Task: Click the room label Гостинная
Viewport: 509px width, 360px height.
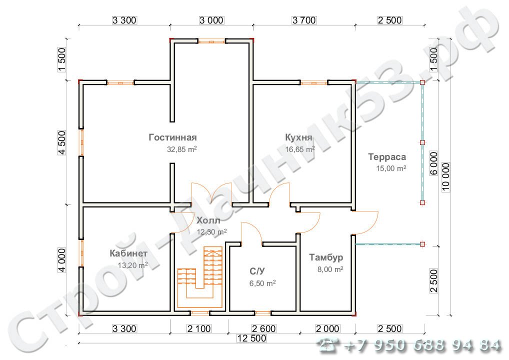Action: [x=172, y=137]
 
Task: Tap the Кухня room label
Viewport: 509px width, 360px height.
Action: [x=298, y=137]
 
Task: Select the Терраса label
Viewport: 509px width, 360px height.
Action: [x=387, y=157]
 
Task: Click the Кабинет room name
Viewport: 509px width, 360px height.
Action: [x=128, y=253]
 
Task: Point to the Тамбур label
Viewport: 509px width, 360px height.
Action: [x=326, y=257]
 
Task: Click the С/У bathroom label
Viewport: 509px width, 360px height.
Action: [x=257, y=271]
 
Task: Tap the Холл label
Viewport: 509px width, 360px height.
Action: [x=208, y=220]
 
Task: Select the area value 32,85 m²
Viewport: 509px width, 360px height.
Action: [x=182, y=149]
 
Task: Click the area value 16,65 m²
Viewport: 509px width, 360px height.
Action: [x=300, y=149]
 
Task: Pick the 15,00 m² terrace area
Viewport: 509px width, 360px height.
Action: [x=391, y=168]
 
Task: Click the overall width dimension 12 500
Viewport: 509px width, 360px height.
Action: [x=251, y=338]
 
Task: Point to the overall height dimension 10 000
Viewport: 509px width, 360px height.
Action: [x=446, y=176]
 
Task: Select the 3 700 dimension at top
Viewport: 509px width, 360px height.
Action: [x=304, y=20]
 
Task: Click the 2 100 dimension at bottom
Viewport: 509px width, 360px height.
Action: [x=199, y=329]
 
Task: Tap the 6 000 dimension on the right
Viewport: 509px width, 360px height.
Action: [x=433, y=163]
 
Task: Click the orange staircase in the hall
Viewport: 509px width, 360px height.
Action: [x=200, y=277]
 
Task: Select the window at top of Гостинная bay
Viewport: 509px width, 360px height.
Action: [x=211, y=41]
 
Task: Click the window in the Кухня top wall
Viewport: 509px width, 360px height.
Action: [x=314, y=83]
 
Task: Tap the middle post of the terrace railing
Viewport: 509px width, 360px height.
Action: [x=422, y=142]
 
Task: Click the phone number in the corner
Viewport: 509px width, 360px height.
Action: [x=409, y=345]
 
